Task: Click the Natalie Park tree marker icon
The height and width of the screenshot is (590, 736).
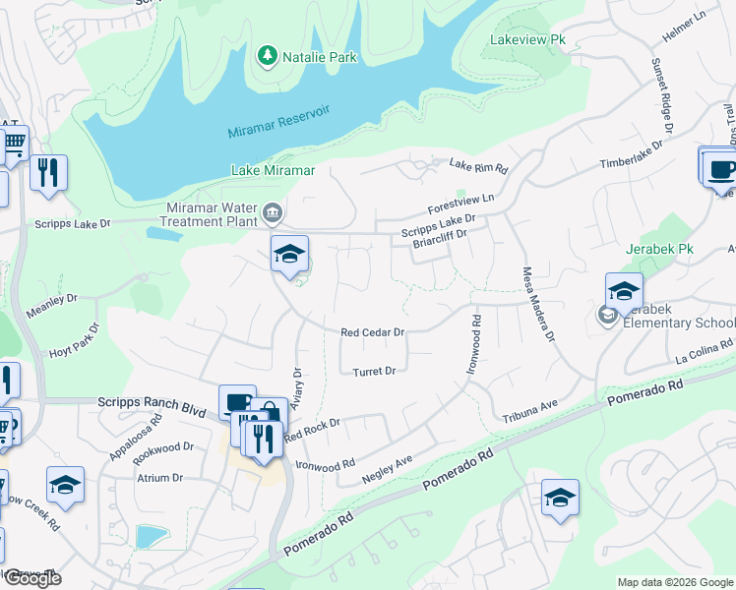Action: point(267,57)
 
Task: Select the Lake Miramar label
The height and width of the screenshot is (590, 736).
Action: point(273,170)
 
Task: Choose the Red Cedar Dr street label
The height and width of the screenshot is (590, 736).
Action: point(373,333)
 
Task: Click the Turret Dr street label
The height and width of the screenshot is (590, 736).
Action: point(374,371)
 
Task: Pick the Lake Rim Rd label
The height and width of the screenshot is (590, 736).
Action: point(478,167)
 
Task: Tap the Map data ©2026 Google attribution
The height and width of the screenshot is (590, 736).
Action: point(674,582)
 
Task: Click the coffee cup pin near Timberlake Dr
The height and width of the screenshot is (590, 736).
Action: point(720,167)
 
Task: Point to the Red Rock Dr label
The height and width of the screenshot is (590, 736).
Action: point(312,429)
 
